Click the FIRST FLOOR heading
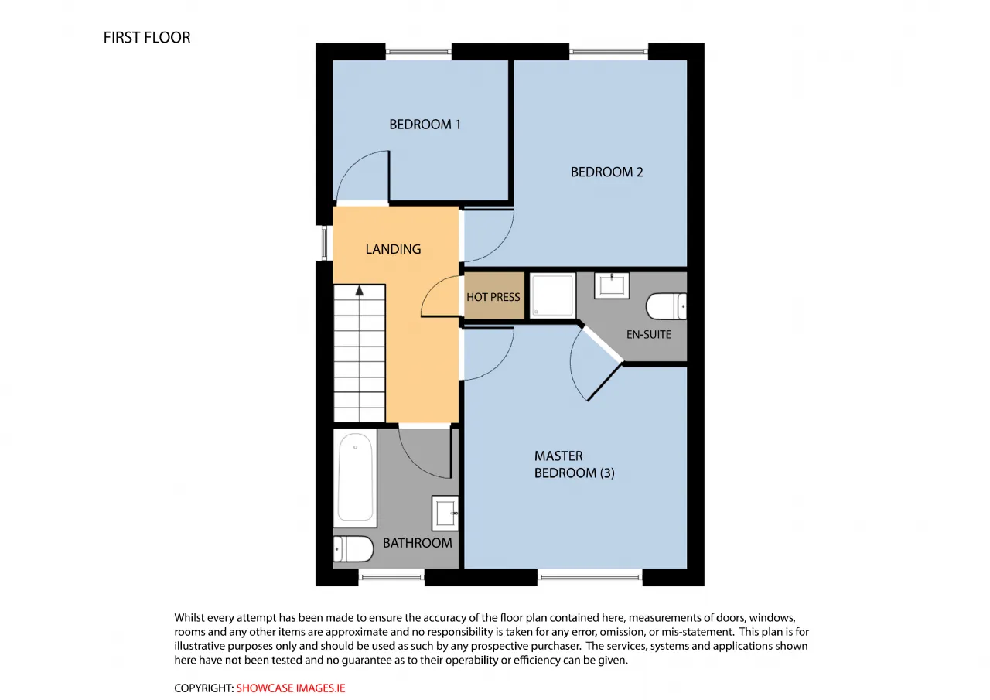click(x=147, y=38)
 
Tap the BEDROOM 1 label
click(x=425, y=125)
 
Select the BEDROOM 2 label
click(x=606, y=172)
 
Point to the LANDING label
click(x=393, y=249)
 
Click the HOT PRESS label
click(x=493, y=297)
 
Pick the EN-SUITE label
click(x=649, y=335)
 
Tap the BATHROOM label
click(x=417, y=543)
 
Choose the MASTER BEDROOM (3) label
click(x=574, y=464)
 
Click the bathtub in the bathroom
click(x=355, y=478)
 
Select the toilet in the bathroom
click(x=353, y=549)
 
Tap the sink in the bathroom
click(x=445, y=513)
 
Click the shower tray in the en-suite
click(x=552, y=295)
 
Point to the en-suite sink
click(x=612, y=285)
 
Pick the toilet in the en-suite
click(x=666, y=306)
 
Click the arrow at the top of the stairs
click(x=360, y=290)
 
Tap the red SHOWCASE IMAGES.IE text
click(x=291, y=688)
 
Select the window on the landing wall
click(x=324, y=243)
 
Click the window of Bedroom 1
click(x=418, y=52)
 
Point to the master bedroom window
click(x=589, y=577)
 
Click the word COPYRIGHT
click(x=203, y=688)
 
